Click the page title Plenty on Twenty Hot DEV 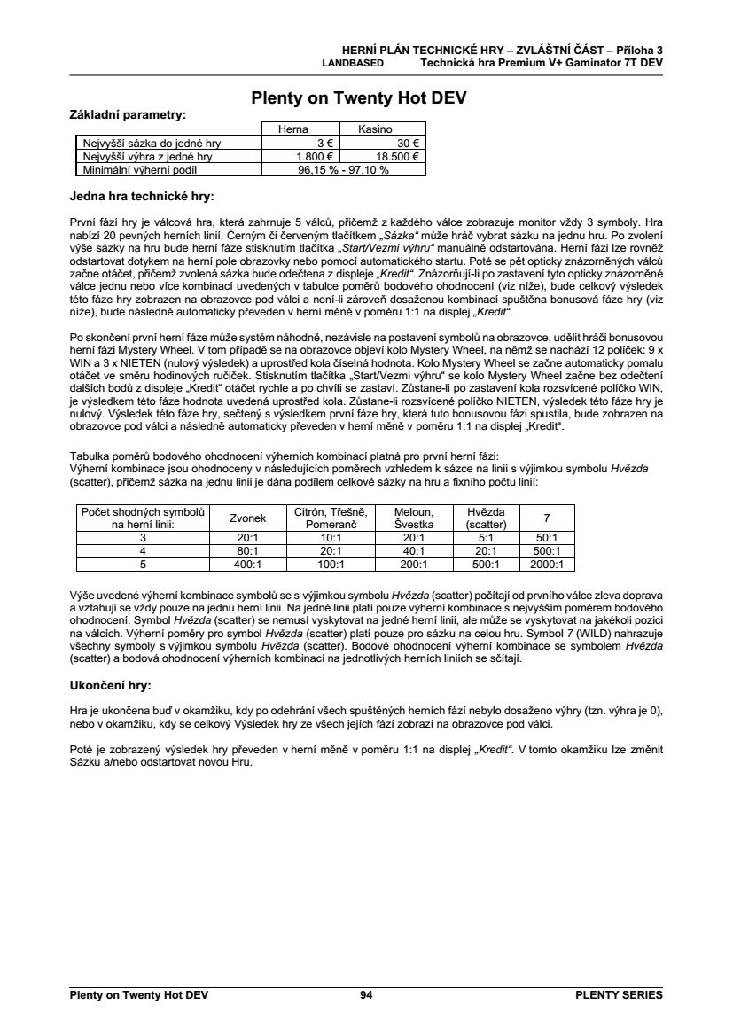[x=359, y=98]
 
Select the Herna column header [x=292, y=129]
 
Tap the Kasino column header [x=375, y=129]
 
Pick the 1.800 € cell [x=308, y=156]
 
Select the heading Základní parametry [x=128, y=114]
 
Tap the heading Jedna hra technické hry [x=142, y=195]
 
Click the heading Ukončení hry [x=110, y=685]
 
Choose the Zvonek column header [x=246, y=518]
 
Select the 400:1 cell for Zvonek [x=246, y=564]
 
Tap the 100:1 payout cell [x=330, y=564]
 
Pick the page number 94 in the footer [x=366, y=995]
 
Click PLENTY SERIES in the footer [x=619, y=995]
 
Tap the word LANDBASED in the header [x=352, y=63]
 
